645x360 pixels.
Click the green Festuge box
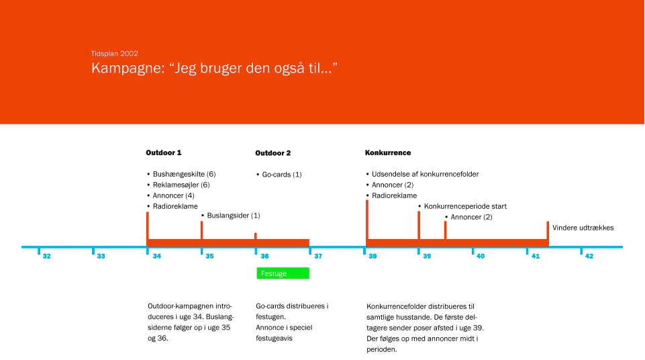tap(283, 273)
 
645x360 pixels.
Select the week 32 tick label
tap(46, 257)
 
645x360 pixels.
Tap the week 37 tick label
tap(318, 257)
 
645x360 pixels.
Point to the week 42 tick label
tap(589, 257)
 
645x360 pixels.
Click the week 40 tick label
tap(481, 257)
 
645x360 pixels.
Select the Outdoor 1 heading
tap(163, 152)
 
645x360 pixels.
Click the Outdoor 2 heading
tap(272, 153)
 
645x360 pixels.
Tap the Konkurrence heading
tap(388, 152)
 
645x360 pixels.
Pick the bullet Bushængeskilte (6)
tap(181, 175)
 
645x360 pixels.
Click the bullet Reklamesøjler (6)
tap(179, 185)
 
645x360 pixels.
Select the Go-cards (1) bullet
tap(279, 175)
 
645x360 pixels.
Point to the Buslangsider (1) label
tap(231, 216)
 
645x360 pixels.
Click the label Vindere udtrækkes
tap(583, 228)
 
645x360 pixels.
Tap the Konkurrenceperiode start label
tap(462, 207)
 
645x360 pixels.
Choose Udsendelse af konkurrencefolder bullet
tap(422, 175)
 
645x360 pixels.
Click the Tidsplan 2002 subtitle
tap(115, 54)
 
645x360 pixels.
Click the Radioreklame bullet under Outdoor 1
tap(172, 207)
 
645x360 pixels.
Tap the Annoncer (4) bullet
tap(170, 196)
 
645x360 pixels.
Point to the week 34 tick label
tap(157, 257)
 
